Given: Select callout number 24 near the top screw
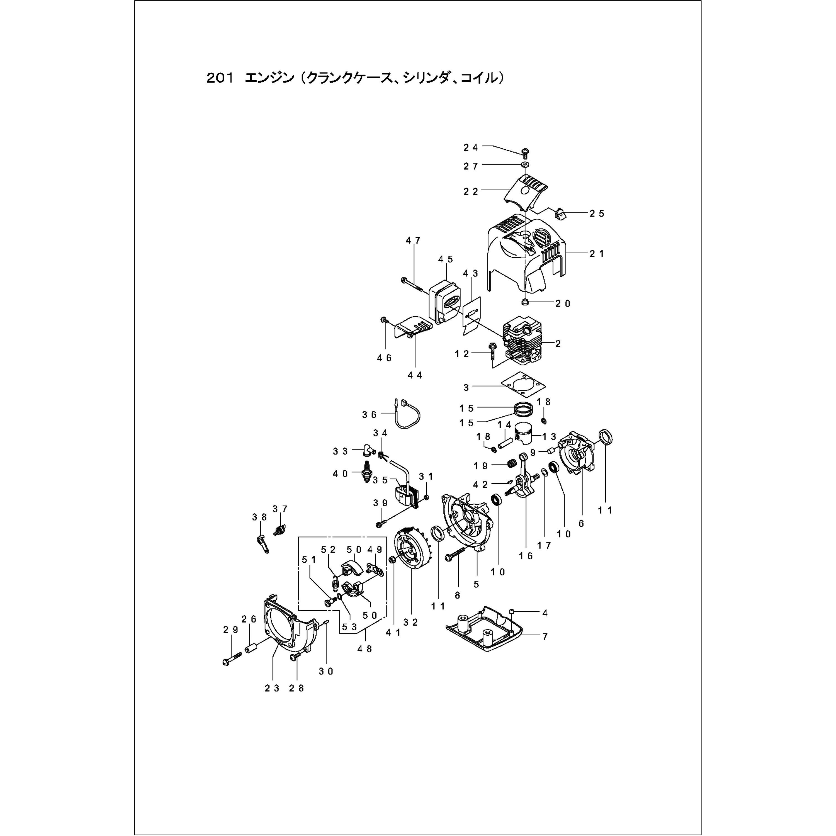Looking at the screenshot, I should tap(470, 148).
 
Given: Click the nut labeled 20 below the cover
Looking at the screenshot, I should tap(524, 302).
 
